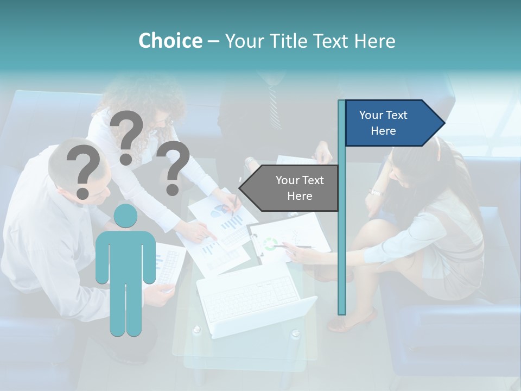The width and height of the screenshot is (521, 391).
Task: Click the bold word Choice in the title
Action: click(x=170, y=41)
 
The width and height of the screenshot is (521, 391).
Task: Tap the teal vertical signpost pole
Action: click(x=341, y=217)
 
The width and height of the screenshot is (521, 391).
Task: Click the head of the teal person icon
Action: click(x=125, y=216)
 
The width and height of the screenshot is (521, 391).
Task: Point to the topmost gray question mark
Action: click(x=127, y=136)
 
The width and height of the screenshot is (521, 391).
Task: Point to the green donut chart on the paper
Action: click(x=270, y=244)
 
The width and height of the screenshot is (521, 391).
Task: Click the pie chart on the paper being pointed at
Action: click(x=219, y=210)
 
